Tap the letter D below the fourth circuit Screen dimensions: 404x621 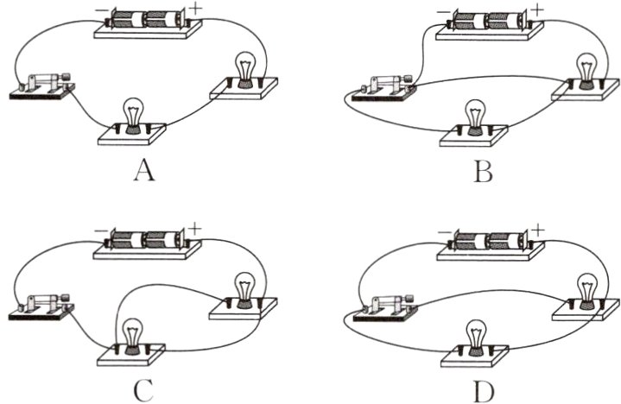[485, 390]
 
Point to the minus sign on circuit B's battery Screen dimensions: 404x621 [445, 12]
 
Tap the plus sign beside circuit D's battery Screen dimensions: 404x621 [541, 230]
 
